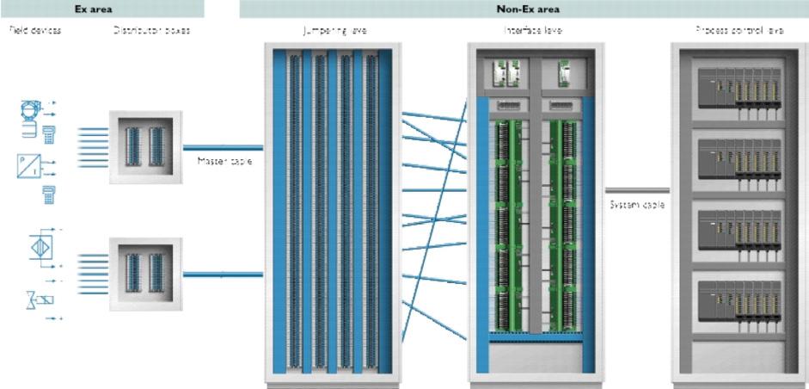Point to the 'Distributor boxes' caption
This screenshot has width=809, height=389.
pos(152,30)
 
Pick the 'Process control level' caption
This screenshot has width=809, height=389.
pos(739,30)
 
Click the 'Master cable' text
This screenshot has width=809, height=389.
pos(224,161)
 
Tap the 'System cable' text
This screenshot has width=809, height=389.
pos(637,205)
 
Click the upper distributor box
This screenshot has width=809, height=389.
pos(145,146)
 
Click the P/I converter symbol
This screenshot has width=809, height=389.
pos(28,165)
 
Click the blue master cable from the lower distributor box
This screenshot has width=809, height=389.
pos(224,275)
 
